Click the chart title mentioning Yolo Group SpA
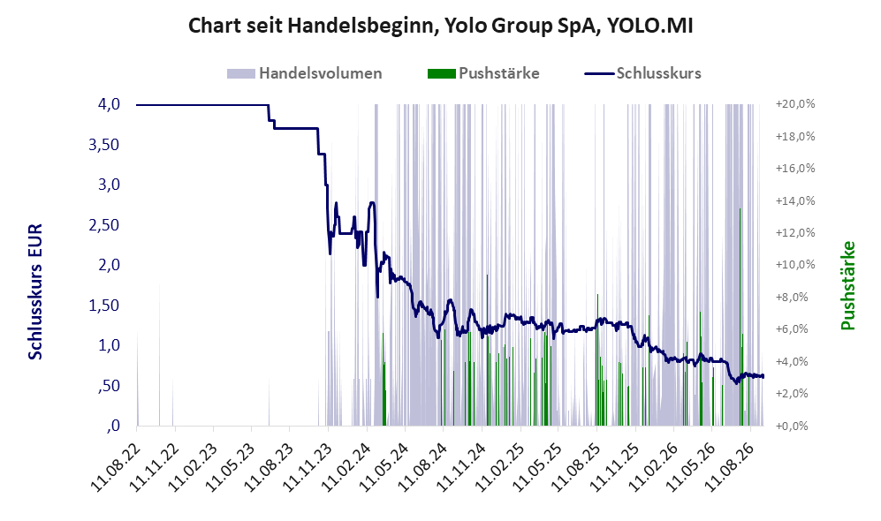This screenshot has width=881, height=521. (x=440, y=26)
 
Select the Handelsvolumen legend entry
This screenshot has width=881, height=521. (x=305, y=73)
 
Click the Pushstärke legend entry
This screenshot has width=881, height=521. (x=483, y=73)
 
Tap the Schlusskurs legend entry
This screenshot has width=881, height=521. (x=642, y=73)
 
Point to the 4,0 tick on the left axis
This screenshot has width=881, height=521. (x=109, y=104)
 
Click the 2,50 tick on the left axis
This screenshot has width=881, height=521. (x=104, y=225)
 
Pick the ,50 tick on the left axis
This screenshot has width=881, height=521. (x=109, y=386)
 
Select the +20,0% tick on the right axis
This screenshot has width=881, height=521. (x=795, y=104)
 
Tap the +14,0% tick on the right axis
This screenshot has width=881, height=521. (x=795, y=201)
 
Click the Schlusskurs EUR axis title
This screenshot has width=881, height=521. (x=34, y=292)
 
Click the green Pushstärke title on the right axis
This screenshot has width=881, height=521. (x=847, y=285)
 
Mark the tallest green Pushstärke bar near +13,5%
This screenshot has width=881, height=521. (x=740, y=317)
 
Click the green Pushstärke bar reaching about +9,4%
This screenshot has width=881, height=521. (x=487, y=351)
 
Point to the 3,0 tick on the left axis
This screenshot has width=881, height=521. (x=109, y=185)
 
